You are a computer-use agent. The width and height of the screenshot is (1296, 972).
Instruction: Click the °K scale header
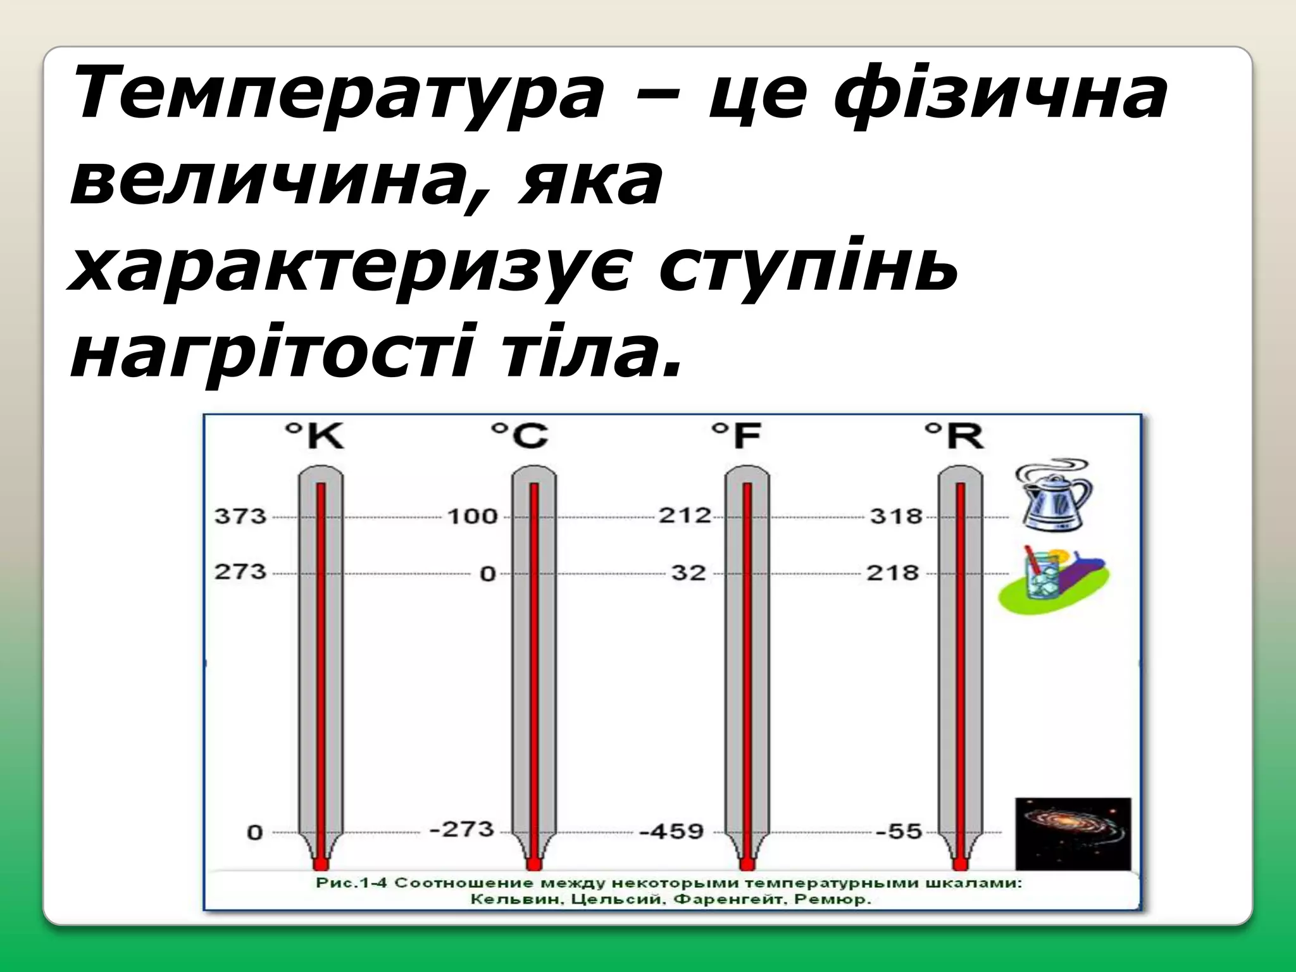(x=315, y=435)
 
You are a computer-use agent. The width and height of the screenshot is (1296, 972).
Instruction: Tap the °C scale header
(x=520, y=435)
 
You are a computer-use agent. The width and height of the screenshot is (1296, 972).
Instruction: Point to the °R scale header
(x=954, y=435)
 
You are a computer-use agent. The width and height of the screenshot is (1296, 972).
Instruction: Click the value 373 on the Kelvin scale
(x=240, y=516)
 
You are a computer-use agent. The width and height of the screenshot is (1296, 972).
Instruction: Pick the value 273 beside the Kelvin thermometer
(x=240, y=572)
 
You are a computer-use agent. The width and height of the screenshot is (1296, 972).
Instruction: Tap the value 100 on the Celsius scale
(x=473, y=516)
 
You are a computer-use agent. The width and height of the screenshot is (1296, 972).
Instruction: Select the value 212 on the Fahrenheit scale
(x=685, y=515)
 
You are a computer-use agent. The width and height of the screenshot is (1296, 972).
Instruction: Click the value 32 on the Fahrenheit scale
(x=688, y=573)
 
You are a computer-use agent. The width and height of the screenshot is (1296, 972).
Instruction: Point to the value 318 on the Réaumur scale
(x=896, y=516)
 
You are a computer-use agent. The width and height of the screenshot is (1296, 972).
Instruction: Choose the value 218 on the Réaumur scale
(x=892, y=573)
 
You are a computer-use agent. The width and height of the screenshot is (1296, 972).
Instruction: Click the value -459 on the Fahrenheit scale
(x=671, y=831)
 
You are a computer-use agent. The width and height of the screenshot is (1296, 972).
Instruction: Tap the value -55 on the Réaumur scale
(x=899, y=831)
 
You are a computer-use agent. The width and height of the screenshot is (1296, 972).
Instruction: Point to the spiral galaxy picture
(x=1073, y=833)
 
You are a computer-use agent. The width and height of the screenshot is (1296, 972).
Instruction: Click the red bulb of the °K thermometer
(x=321, y=864)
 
